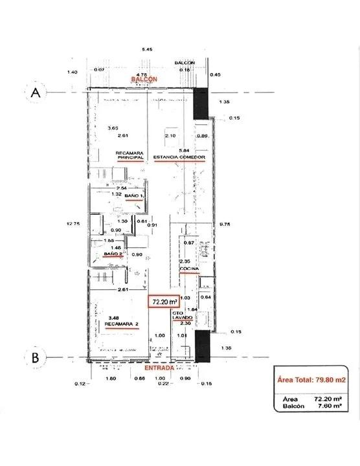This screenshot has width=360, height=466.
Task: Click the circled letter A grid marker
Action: coord(36,93)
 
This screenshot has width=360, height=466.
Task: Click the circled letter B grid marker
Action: coord(36,356)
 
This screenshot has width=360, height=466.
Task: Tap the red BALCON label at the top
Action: coord(144,78)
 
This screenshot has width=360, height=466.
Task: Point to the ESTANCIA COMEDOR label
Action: coord(179,157)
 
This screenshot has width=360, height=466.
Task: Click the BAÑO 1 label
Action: coord(133,195)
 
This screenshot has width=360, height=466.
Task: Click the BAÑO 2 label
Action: coord(113,255)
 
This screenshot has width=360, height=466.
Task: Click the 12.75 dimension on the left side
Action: coord(72,225)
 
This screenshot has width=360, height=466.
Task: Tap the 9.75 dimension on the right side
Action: coord(225,225)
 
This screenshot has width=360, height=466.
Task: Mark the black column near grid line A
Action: coord(201,104)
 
